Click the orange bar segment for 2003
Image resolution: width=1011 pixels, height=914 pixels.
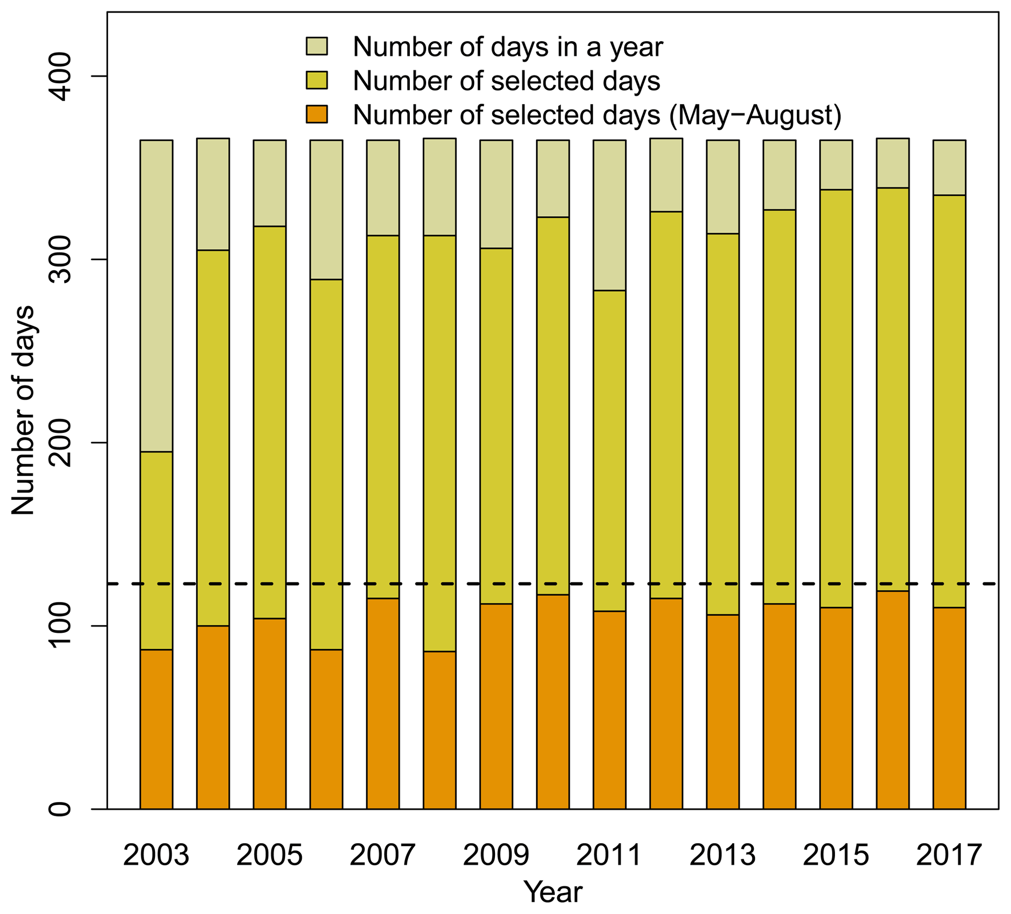(156, 729)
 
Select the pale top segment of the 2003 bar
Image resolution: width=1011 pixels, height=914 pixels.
(156, 296)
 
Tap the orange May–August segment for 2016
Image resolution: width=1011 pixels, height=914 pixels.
(893, 699)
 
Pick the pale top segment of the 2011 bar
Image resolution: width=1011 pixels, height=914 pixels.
(609, 215)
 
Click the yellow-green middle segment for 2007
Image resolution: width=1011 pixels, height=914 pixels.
(382, 417)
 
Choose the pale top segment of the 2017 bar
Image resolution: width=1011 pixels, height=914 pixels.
(949, 167)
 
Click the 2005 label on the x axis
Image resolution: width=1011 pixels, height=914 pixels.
(270, 855)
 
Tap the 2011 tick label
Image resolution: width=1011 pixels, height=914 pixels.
(609, 855)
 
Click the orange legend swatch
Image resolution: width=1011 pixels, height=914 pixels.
(316, 114)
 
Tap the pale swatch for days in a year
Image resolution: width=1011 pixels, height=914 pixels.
(316, 46)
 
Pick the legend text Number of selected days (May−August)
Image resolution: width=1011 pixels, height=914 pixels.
(597, 115)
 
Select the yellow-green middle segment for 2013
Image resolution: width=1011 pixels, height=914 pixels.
(722, 424)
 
